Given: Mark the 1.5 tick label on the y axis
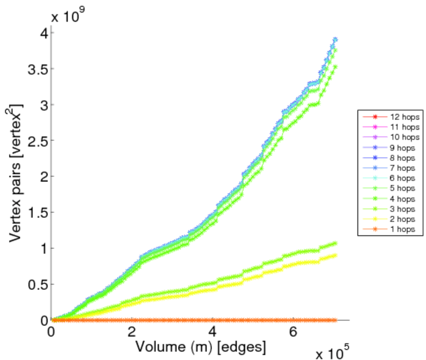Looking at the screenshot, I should pyautogui.click(x=37, y=212).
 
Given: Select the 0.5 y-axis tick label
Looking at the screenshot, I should pyautogui.click(x=37, y=284).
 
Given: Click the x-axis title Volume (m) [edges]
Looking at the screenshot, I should pyautogui.click(x=200, y=346).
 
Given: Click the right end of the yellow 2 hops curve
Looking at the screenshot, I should pyautogui.click(x=335, y=255).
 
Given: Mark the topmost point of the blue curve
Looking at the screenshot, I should pyautogui.click(x=335, y=40).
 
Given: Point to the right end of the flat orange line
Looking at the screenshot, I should pyautogui.click(x=335, y=320).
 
